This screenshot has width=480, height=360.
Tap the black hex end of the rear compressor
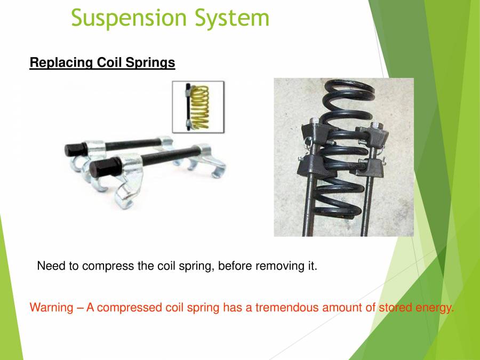click(73, 149)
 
